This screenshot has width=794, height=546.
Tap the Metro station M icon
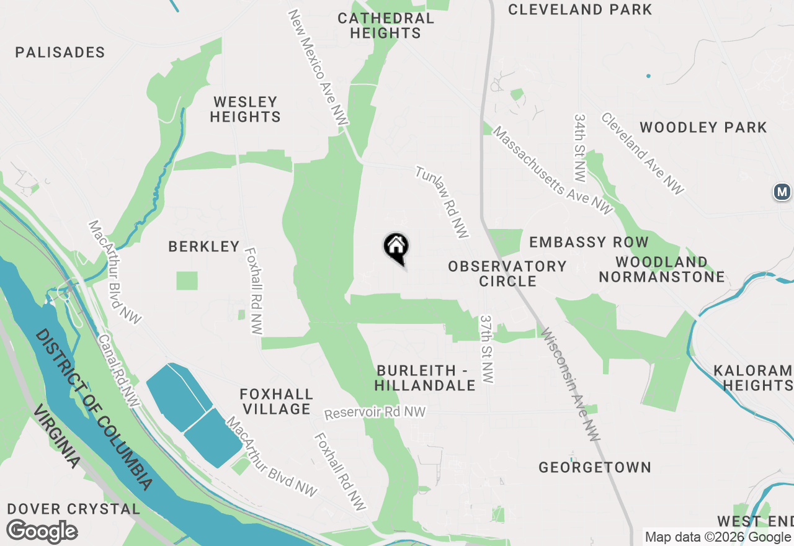[x=783, y=192]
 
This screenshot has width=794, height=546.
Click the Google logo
[x=42, y=532]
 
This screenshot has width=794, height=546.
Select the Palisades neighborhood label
[x=60, y=52]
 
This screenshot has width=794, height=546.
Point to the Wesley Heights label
[x=245, y=109]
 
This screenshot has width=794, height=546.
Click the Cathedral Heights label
[x=386, y=25]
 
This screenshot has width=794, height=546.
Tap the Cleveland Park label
[x=580, y=10]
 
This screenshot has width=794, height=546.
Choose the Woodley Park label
[x=703, y=128]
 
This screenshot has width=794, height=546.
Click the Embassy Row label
[x=589, y=242]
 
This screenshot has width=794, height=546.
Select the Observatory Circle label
[x=507, y=274]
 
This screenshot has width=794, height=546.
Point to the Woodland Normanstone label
[x=662, y=269]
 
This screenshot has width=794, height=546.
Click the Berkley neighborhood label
[x=204, y=247]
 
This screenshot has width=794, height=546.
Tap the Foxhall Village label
[x=277, y=401]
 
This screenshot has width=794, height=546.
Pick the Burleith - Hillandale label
[x=426, y=378]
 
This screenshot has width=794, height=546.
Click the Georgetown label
[x=595, y=468]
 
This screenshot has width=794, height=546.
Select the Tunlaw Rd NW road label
[x=442, y=202]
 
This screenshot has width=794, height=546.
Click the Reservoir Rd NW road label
[x=376, y=413]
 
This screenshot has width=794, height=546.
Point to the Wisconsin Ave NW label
[x=570, y=385]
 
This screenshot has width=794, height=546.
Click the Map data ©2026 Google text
[x=718, y=537]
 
